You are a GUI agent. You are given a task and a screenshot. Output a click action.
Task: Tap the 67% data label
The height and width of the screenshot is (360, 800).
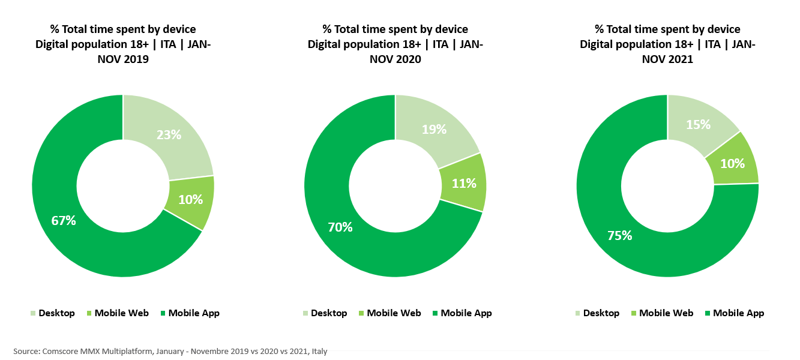coord(63,221)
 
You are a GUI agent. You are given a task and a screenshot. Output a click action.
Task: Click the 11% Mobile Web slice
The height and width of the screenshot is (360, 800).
coord(462,183)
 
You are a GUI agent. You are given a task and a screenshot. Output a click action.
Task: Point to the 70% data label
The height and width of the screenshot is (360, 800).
coord(340,227)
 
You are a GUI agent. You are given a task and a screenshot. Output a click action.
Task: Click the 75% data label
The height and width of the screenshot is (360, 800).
coord(619,235)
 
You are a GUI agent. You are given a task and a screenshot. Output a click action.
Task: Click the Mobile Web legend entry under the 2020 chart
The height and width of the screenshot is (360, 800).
coord(394,313)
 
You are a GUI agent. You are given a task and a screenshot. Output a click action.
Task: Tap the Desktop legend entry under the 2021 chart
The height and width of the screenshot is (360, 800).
coord(601,313)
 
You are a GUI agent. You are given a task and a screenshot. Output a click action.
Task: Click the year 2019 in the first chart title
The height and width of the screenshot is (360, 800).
coord(136,59)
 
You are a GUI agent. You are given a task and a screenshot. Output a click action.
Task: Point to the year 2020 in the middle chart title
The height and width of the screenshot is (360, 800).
coord(408,59)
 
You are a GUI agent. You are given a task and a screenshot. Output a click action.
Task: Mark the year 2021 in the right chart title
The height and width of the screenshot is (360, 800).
coord(681,59)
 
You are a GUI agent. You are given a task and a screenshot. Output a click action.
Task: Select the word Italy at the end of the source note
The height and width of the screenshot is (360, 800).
coord(319,351)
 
